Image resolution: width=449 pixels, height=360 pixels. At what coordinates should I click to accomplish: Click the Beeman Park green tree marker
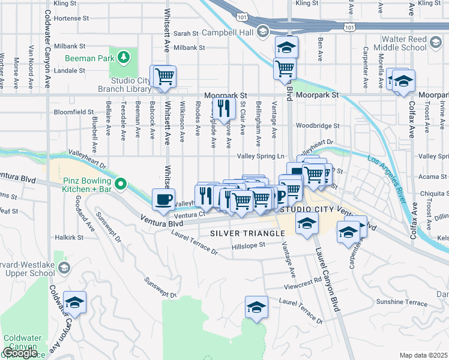click(123, 57)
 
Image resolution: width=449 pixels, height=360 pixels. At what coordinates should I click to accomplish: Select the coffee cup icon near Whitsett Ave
click(163, 200)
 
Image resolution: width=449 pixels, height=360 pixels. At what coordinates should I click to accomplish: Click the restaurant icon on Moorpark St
click(222, 109)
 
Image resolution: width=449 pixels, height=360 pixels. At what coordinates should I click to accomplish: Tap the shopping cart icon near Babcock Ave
click(164, 77)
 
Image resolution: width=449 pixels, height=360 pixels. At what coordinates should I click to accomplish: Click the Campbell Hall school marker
click(262, 31)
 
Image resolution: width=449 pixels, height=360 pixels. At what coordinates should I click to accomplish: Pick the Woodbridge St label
click(318, 126)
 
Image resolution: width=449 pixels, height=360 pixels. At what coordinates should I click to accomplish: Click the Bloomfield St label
click(74, 112)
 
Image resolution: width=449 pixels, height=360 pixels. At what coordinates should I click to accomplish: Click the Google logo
click(20, 353)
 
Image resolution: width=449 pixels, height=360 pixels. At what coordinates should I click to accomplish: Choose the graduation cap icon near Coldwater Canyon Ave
click(75, 304)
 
